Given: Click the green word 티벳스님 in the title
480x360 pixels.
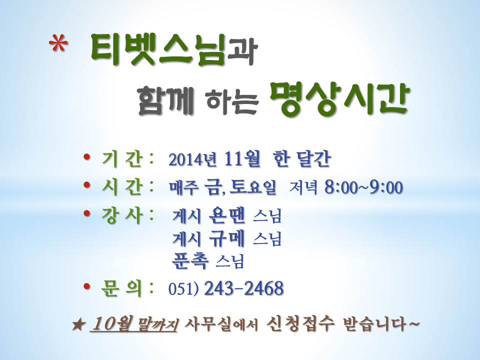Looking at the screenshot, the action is pyautogui.click(x=158, y=50).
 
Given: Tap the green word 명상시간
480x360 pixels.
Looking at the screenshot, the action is pyautogui.click(x=340, y=98).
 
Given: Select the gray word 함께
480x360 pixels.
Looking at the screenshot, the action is pyautogui.click(x=166, y=99).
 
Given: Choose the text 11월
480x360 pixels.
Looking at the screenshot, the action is pyautogui.click(x=242, y=158).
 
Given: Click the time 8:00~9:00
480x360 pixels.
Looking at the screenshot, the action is pyautogui.click(x=363, y=187).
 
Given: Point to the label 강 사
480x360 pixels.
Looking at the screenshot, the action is pyautogui.click(x=122, y=215).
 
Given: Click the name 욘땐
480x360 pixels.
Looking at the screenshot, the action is pyautogui.click(x=227, y=216).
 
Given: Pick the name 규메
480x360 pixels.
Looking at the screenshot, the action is pyautogui.click(x=227, y=238).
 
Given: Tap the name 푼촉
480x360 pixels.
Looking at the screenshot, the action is pyautogui.click(x=190, y=261).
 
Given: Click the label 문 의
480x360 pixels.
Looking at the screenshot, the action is pyautogui.click(x=122, y=288).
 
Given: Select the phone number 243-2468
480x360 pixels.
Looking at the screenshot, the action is pyautogui.click(x=243, y=288).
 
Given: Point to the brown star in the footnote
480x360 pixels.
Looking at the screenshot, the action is pyautogui.click(x=78, y=325).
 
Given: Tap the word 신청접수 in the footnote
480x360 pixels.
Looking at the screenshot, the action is pyautogui.click(x=299, y=324).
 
